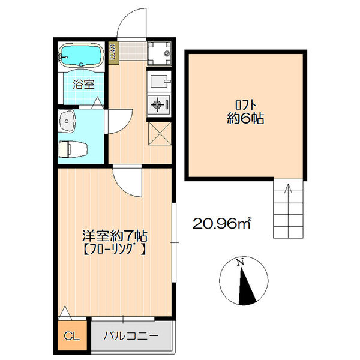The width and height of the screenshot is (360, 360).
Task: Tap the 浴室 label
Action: pos(83,84)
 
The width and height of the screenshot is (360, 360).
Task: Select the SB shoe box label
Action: pos(113,52)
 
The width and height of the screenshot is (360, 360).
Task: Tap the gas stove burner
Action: pos(159,104)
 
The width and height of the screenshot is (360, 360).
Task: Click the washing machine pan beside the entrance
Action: pos(159,53)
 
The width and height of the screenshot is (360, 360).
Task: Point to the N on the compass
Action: pos(239,262)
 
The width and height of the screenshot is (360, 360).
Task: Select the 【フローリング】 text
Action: pos(115,248)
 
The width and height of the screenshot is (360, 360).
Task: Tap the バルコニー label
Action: pos(130,335)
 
